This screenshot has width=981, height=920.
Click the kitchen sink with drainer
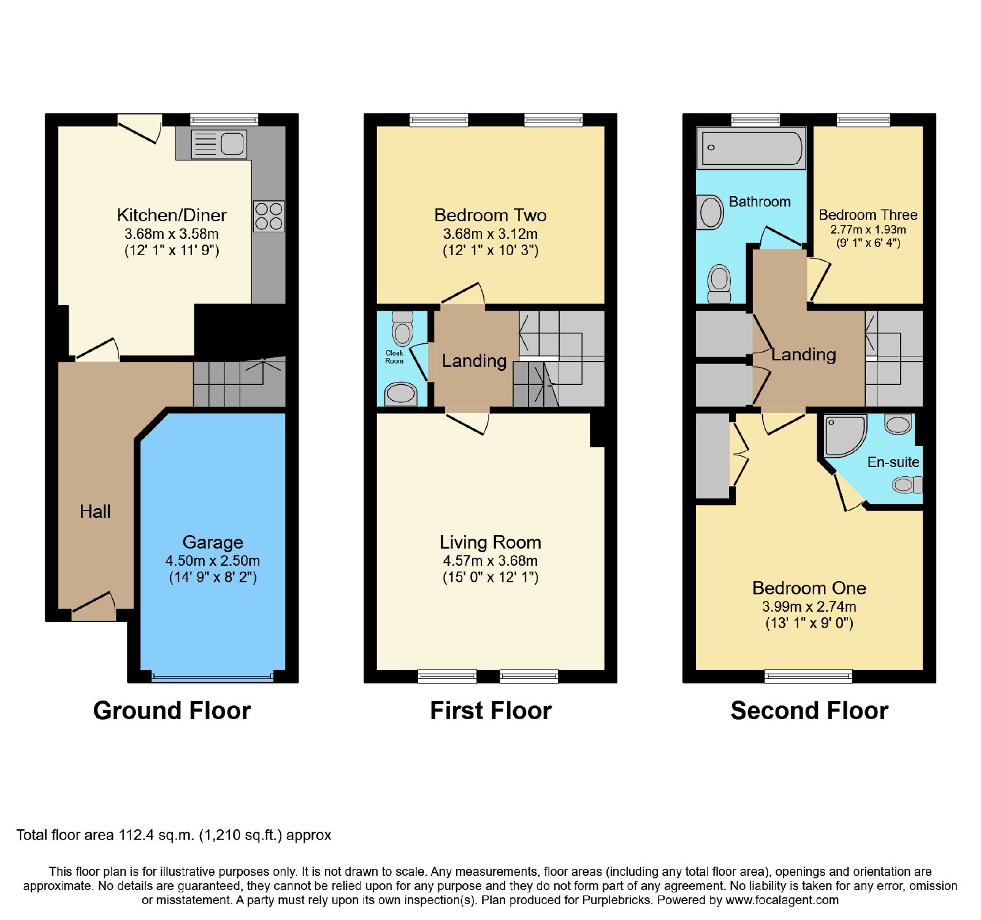(x=219, y=145)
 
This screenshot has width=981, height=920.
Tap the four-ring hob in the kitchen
(x=269, y=216)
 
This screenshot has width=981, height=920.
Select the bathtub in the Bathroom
(x=752, y=148)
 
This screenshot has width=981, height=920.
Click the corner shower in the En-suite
(x=845, y=436)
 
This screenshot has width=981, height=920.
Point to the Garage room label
(x=213, y=542)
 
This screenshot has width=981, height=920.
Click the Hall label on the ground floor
(x=95, y=512)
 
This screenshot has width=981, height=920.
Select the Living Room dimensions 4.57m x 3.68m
(x=490, y=561)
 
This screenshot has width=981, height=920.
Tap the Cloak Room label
(x=394, y=357)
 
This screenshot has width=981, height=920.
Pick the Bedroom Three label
(x=868, y=215)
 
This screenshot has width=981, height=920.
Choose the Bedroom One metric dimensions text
(x=809, y=607)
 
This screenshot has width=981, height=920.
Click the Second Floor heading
(x=809, y=710)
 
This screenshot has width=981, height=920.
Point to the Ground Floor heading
(x=172, y=710)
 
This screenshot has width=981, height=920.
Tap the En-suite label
(x=893, y=462)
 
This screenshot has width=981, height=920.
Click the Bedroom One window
(x=808, y=677)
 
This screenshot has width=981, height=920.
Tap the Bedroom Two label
(x=490, y=215)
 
